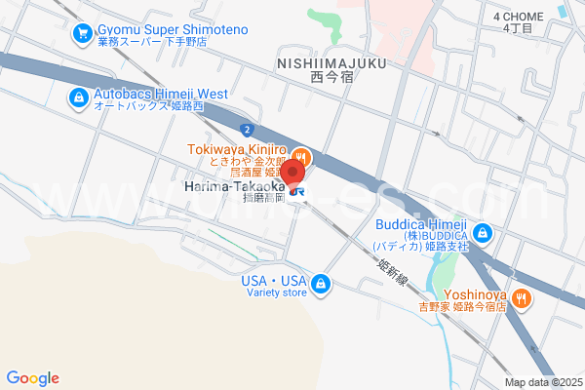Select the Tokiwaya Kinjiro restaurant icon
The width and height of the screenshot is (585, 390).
[302, 155]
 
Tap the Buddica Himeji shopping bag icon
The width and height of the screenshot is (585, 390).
[484, 234]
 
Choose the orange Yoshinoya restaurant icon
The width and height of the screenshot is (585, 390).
[523, 297]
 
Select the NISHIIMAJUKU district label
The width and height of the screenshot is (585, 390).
[331, 61]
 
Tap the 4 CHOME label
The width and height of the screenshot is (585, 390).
[518, 17]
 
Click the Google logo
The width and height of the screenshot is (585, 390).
[32, 378]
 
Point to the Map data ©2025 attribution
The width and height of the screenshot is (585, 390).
[542, 382]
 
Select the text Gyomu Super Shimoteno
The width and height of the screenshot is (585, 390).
[171, 29]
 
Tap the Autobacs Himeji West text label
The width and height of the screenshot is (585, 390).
[160, 94]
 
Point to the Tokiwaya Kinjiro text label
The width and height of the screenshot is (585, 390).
[238, 149]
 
